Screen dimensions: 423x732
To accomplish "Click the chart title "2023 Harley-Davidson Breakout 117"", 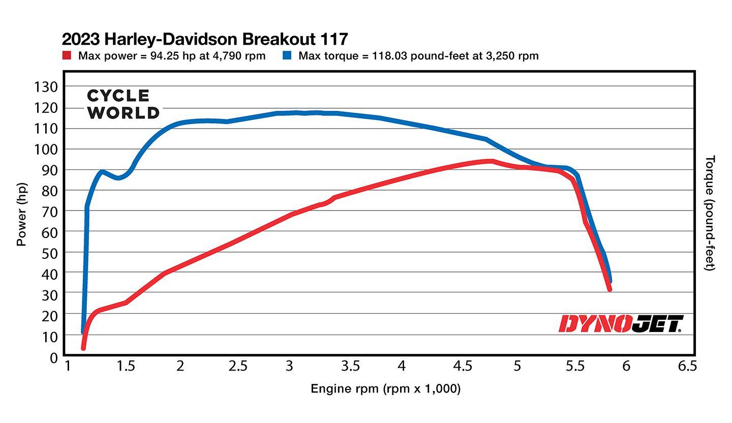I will pos(205,39).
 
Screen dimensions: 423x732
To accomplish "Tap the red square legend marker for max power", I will pos(67,55).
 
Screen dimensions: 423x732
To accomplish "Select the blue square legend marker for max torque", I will pos(287,55).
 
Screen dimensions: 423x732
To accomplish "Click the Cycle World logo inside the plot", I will pos(123,104).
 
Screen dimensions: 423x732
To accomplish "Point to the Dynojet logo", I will pos(621,324).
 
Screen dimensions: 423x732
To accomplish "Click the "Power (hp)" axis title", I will pos(21,214).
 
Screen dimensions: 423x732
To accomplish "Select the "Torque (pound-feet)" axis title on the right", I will pos(711,213).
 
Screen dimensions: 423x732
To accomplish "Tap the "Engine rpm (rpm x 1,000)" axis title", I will pos(385,389).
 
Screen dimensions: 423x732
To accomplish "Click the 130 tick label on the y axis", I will pos(46,87).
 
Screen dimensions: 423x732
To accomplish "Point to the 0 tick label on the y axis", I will pos(53,358).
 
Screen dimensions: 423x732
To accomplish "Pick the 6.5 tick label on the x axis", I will pos(687,366).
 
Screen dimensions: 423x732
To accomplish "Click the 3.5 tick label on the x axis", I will pos(350,366).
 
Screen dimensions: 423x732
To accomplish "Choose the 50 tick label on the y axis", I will pos(46,253).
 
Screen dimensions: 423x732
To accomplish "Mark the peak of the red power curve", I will pos(491,161).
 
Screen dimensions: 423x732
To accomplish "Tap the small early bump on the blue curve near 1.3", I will pos(102,172).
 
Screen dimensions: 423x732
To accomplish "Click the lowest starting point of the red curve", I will pos(83,348).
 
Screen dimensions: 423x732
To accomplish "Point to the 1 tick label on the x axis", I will pos(67,366).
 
